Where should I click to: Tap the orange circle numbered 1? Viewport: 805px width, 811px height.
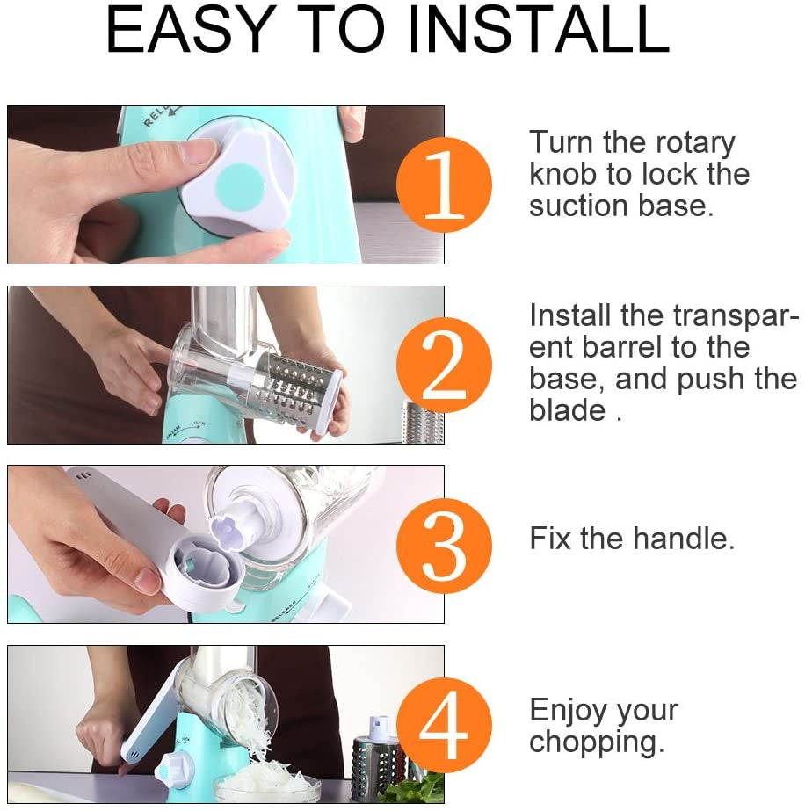[x=444, y=185]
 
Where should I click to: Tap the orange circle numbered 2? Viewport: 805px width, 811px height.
[x=444, y=365]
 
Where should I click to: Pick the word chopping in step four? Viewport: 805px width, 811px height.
[x=596, y=743]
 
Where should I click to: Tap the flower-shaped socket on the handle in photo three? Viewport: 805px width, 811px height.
[x=204, y=576]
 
